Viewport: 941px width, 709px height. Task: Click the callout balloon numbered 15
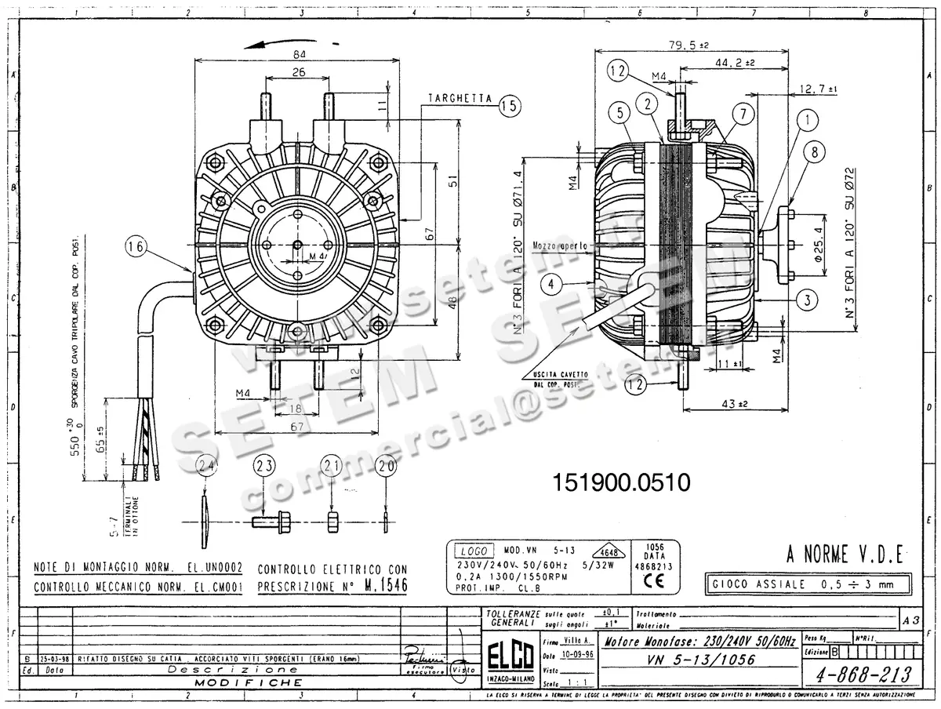[x=510, y=105]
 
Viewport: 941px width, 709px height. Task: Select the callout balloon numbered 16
[x=136, y=248]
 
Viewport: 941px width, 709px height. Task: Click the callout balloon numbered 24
[x=206, y=467]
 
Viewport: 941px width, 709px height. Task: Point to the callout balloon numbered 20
[x=385, y=467]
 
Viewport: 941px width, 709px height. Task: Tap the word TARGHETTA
[x=460, y=100]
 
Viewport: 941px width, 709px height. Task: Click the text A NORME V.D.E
[x=845, y=556]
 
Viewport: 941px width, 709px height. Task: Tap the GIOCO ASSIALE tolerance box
[x=808, y=584]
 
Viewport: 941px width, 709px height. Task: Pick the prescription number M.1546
[x=386, y=586]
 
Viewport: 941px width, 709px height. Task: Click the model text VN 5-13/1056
[x=702, y=660]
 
